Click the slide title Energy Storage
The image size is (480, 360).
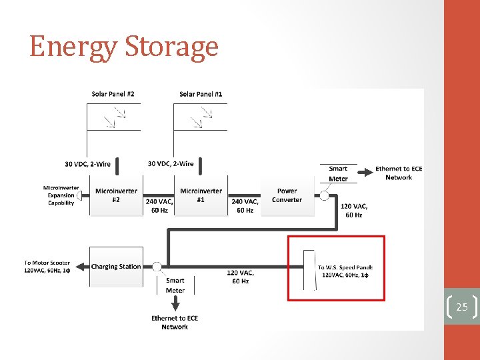(124, 47)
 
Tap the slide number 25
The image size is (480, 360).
(461, 307)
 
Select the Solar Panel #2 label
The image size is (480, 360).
(113, 94)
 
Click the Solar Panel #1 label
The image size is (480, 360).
(201, 94)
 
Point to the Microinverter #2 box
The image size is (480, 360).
(116, 195)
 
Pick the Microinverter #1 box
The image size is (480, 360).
(201, 195)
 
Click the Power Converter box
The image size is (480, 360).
(287, 195)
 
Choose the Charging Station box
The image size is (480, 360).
(115, 267)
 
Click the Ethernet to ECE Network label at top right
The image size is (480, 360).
(399, 173)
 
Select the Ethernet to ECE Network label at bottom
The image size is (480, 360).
(175, 323)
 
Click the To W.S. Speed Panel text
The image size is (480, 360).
(345, 271)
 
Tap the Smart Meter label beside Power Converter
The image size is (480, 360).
(338, 173)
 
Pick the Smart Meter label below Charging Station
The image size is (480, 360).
(175, 285)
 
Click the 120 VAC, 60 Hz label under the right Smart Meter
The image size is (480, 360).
(354, 211)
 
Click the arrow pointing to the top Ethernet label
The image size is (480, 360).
(361, 180)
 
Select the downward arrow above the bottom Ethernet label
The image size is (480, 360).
(175, 303)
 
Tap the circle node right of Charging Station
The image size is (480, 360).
(157, 267)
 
